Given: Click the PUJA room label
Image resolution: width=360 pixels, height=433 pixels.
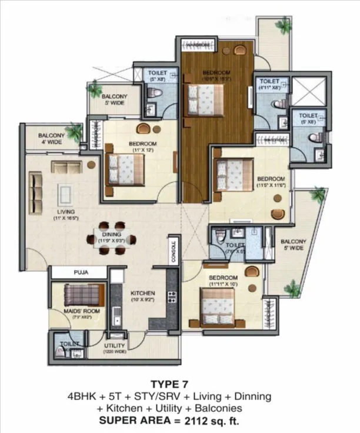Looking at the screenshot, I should (81, 272).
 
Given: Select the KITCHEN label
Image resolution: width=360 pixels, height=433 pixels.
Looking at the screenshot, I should (142, 292).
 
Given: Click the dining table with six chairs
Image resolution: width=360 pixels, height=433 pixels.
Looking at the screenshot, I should (111, 238).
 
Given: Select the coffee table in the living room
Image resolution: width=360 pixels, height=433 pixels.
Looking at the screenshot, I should (65, 194).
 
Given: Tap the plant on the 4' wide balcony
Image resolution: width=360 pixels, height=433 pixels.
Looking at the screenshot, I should (74, 132).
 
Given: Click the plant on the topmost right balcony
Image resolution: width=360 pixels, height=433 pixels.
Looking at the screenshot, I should (284, 25).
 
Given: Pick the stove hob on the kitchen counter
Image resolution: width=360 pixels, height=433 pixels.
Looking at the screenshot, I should (172, 297).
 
